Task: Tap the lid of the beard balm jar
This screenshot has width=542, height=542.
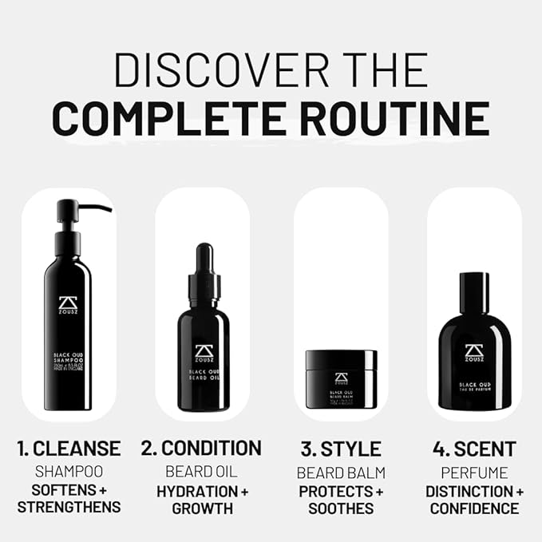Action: tap(341, 359)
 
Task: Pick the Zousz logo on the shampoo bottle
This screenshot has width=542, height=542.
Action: tap(68, 307)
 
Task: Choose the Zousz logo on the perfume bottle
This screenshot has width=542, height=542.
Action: tap(474, 353)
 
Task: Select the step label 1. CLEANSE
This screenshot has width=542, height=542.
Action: tap(69, 449)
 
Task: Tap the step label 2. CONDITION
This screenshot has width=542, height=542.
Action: tap(201, 449)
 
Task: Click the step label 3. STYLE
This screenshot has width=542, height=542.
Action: tap(341, 449)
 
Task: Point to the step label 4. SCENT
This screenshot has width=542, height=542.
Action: tap(474, 449)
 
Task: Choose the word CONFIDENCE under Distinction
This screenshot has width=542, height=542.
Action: tap(474, 508)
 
